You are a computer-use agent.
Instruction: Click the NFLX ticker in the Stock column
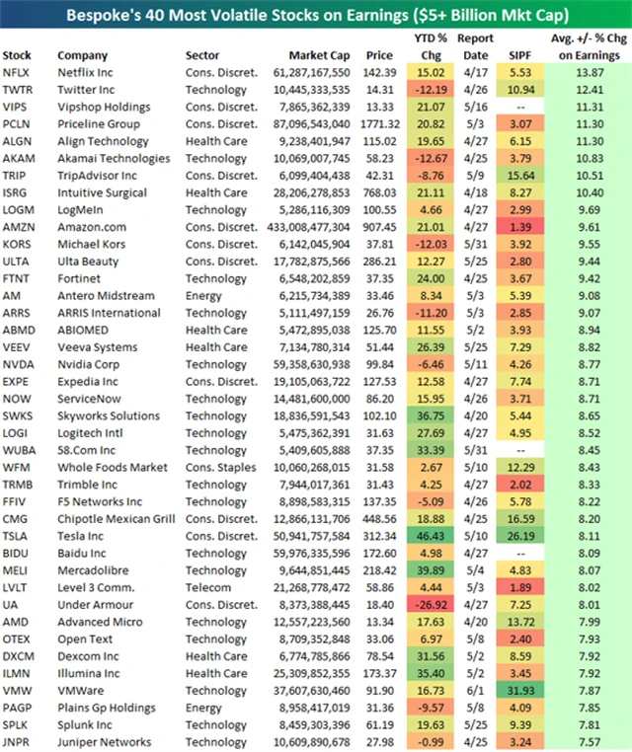tap(17, 72)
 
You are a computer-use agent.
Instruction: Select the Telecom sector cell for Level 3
tap(209, 587)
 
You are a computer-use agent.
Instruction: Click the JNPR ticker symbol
tap(17, 742)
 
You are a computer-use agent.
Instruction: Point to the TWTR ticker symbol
tap(18, 90)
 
